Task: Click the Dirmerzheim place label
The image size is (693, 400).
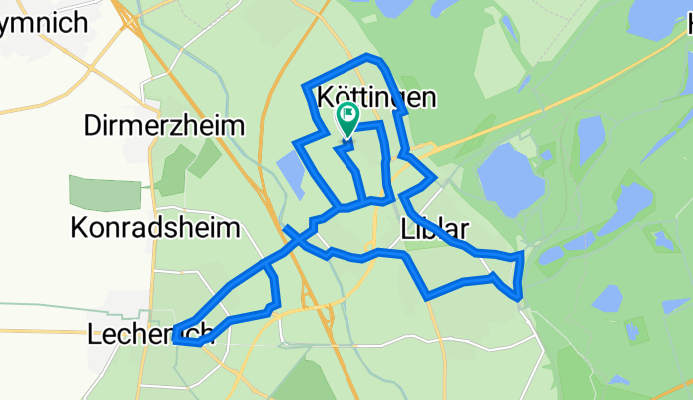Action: (x=165, y=126)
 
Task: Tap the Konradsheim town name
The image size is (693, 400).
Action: (x=155, y=227)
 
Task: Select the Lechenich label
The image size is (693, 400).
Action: (x=150, y=334)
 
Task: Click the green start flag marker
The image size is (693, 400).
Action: (x=347, y=119)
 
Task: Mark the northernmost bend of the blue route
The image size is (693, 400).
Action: (x=370, y=56)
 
